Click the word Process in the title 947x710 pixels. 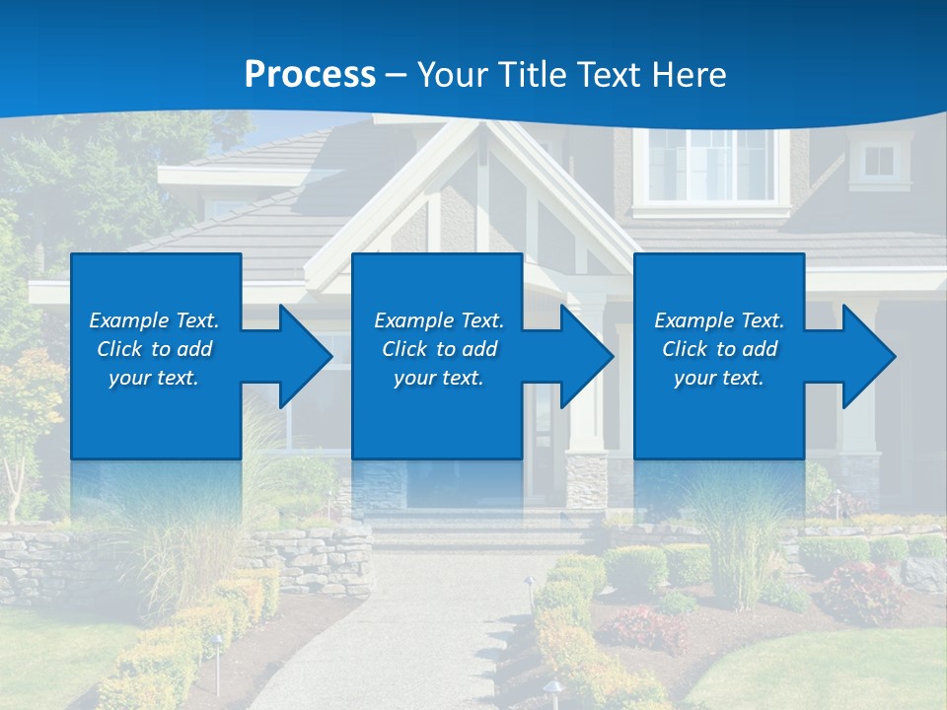tap(310, 74)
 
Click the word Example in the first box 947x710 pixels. tap(128, 320)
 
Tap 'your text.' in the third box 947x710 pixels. tap(718, 378)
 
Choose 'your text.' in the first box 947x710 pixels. tap(153, 378)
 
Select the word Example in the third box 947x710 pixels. tap(693, 320)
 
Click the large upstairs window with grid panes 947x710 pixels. tap(710, 166)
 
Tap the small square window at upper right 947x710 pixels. tap(878, 161)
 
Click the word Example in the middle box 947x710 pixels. tap(413, 320)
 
